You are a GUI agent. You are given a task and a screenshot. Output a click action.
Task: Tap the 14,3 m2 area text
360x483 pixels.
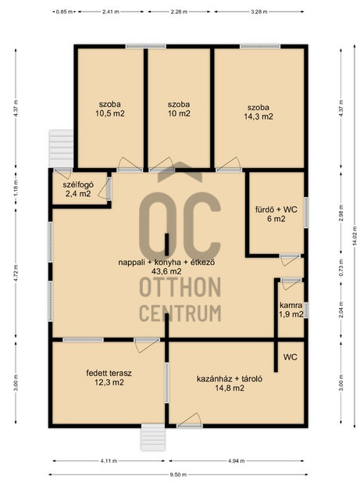click(258, 116)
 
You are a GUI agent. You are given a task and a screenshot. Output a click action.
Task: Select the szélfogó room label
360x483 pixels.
click(78, 184)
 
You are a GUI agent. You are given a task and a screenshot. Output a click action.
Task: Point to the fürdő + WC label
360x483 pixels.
click(276, 209)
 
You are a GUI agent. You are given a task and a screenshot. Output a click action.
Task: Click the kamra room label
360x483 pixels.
click(290, 306)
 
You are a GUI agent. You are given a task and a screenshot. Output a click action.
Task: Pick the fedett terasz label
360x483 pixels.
click(109, 373)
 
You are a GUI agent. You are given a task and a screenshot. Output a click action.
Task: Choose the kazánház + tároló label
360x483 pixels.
click(230, 378)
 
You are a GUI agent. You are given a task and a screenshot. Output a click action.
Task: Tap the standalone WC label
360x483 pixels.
click(290, 357)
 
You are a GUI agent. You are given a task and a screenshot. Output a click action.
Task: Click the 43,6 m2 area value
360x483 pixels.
click(166, 271)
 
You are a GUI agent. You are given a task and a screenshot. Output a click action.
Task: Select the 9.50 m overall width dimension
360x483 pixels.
click(179, 474)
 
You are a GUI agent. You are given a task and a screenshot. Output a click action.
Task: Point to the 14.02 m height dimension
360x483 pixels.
click(355, 236)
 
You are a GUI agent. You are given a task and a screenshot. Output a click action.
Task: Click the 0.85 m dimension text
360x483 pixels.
click(64, 12)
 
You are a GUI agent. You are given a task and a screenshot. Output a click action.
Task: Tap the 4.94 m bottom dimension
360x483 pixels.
click(237, 461)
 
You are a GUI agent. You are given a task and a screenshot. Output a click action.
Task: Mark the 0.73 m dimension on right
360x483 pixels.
click(340, 267)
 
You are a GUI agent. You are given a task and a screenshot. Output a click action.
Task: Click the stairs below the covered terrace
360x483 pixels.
click(153, 438)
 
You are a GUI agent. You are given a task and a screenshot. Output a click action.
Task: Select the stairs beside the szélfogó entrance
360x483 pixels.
click(61, 148)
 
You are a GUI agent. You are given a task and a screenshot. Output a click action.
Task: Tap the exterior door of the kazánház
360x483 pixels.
click(190, 420)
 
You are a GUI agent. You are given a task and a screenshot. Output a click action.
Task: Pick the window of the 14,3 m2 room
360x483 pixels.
click(260, 47)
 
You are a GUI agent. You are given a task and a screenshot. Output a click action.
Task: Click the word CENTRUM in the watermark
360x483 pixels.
click(180, 313)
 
